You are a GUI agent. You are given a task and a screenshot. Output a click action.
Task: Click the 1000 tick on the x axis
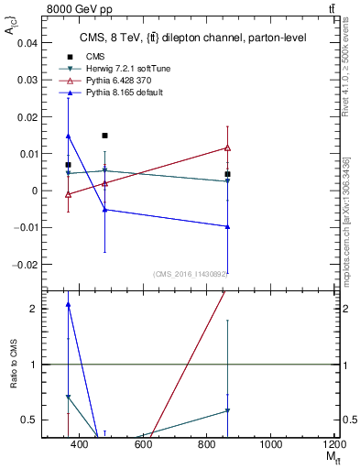tap(270, 444)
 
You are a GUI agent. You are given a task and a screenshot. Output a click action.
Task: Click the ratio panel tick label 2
tap(33, 309)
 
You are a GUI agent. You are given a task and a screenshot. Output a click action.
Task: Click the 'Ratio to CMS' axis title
tap(14, 365)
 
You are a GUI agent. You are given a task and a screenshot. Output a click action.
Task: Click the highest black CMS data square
tap(104, 136)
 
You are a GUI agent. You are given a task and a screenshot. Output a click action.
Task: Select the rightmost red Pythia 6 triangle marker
tap(227, 147)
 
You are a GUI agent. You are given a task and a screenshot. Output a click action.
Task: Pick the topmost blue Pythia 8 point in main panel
tap(68, 136)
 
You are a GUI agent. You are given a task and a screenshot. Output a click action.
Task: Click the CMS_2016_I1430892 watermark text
tap(191, 273)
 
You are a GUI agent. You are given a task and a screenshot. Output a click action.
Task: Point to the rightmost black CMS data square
tap(227, 174)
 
